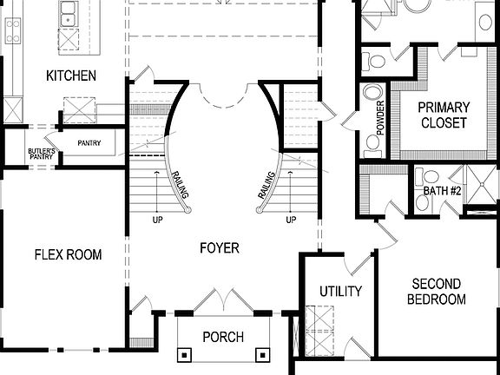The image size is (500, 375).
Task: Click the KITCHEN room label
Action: (71, 76)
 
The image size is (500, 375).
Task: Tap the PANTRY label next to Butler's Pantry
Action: (90, 143)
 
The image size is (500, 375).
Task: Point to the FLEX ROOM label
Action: (68, 254)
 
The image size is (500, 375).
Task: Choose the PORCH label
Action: (223, 337)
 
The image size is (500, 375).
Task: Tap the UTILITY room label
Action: (340, 292)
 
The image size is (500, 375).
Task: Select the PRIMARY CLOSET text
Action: (444, 115)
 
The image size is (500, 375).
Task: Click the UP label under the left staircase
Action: (157, 220)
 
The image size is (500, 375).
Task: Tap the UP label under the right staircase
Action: (291, 220)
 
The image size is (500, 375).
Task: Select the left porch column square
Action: (184, 354)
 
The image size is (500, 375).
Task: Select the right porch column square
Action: (262, 354)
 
